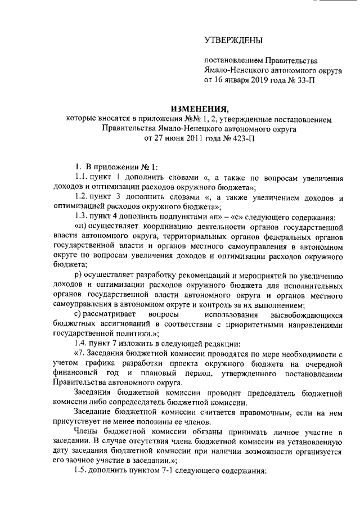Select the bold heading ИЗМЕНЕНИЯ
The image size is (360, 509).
tap(200, 109)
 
